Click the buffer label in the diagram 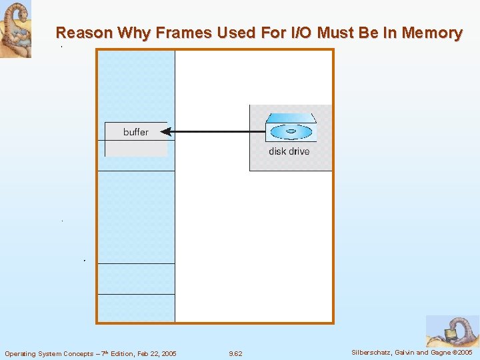tap(136, 132)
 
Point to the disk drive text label tap(289, 151)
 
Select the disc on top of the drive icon tap(291, 131)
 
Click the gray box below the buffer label tap(136, 149)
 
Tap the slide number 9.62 tap(235, 353)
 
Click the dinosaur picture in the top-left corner tap(15, 29)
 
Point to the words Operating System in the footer tap(33, 353)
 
